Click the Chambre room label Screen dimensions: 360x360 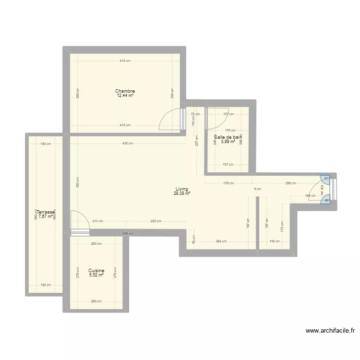point(125,91)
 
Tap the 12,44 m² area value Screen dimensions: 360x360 point(125,96)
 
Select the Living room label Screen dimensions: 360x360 point(182,189)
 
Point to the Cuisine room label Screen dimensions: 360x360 point(96,271)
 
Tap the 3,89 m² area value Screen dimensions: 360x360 point(228,142)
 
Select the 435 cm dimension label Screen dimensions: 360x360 point(127,144)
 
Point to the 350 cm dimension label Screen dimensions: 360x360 point(78,182)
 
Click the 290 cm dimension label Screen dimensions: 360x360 point(291,183)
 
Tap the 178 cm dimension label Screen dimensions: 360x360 point(228,183)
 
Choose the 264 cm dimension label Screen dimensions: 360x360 point(221,241)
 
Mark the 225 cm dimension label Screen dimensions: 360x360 point(156,221)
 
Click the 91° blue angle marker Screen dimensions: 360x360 point(326,178)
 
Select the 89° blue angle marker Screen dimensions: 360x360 point(326,201)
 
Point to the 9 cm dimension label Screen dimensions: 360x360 point(258,189)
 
